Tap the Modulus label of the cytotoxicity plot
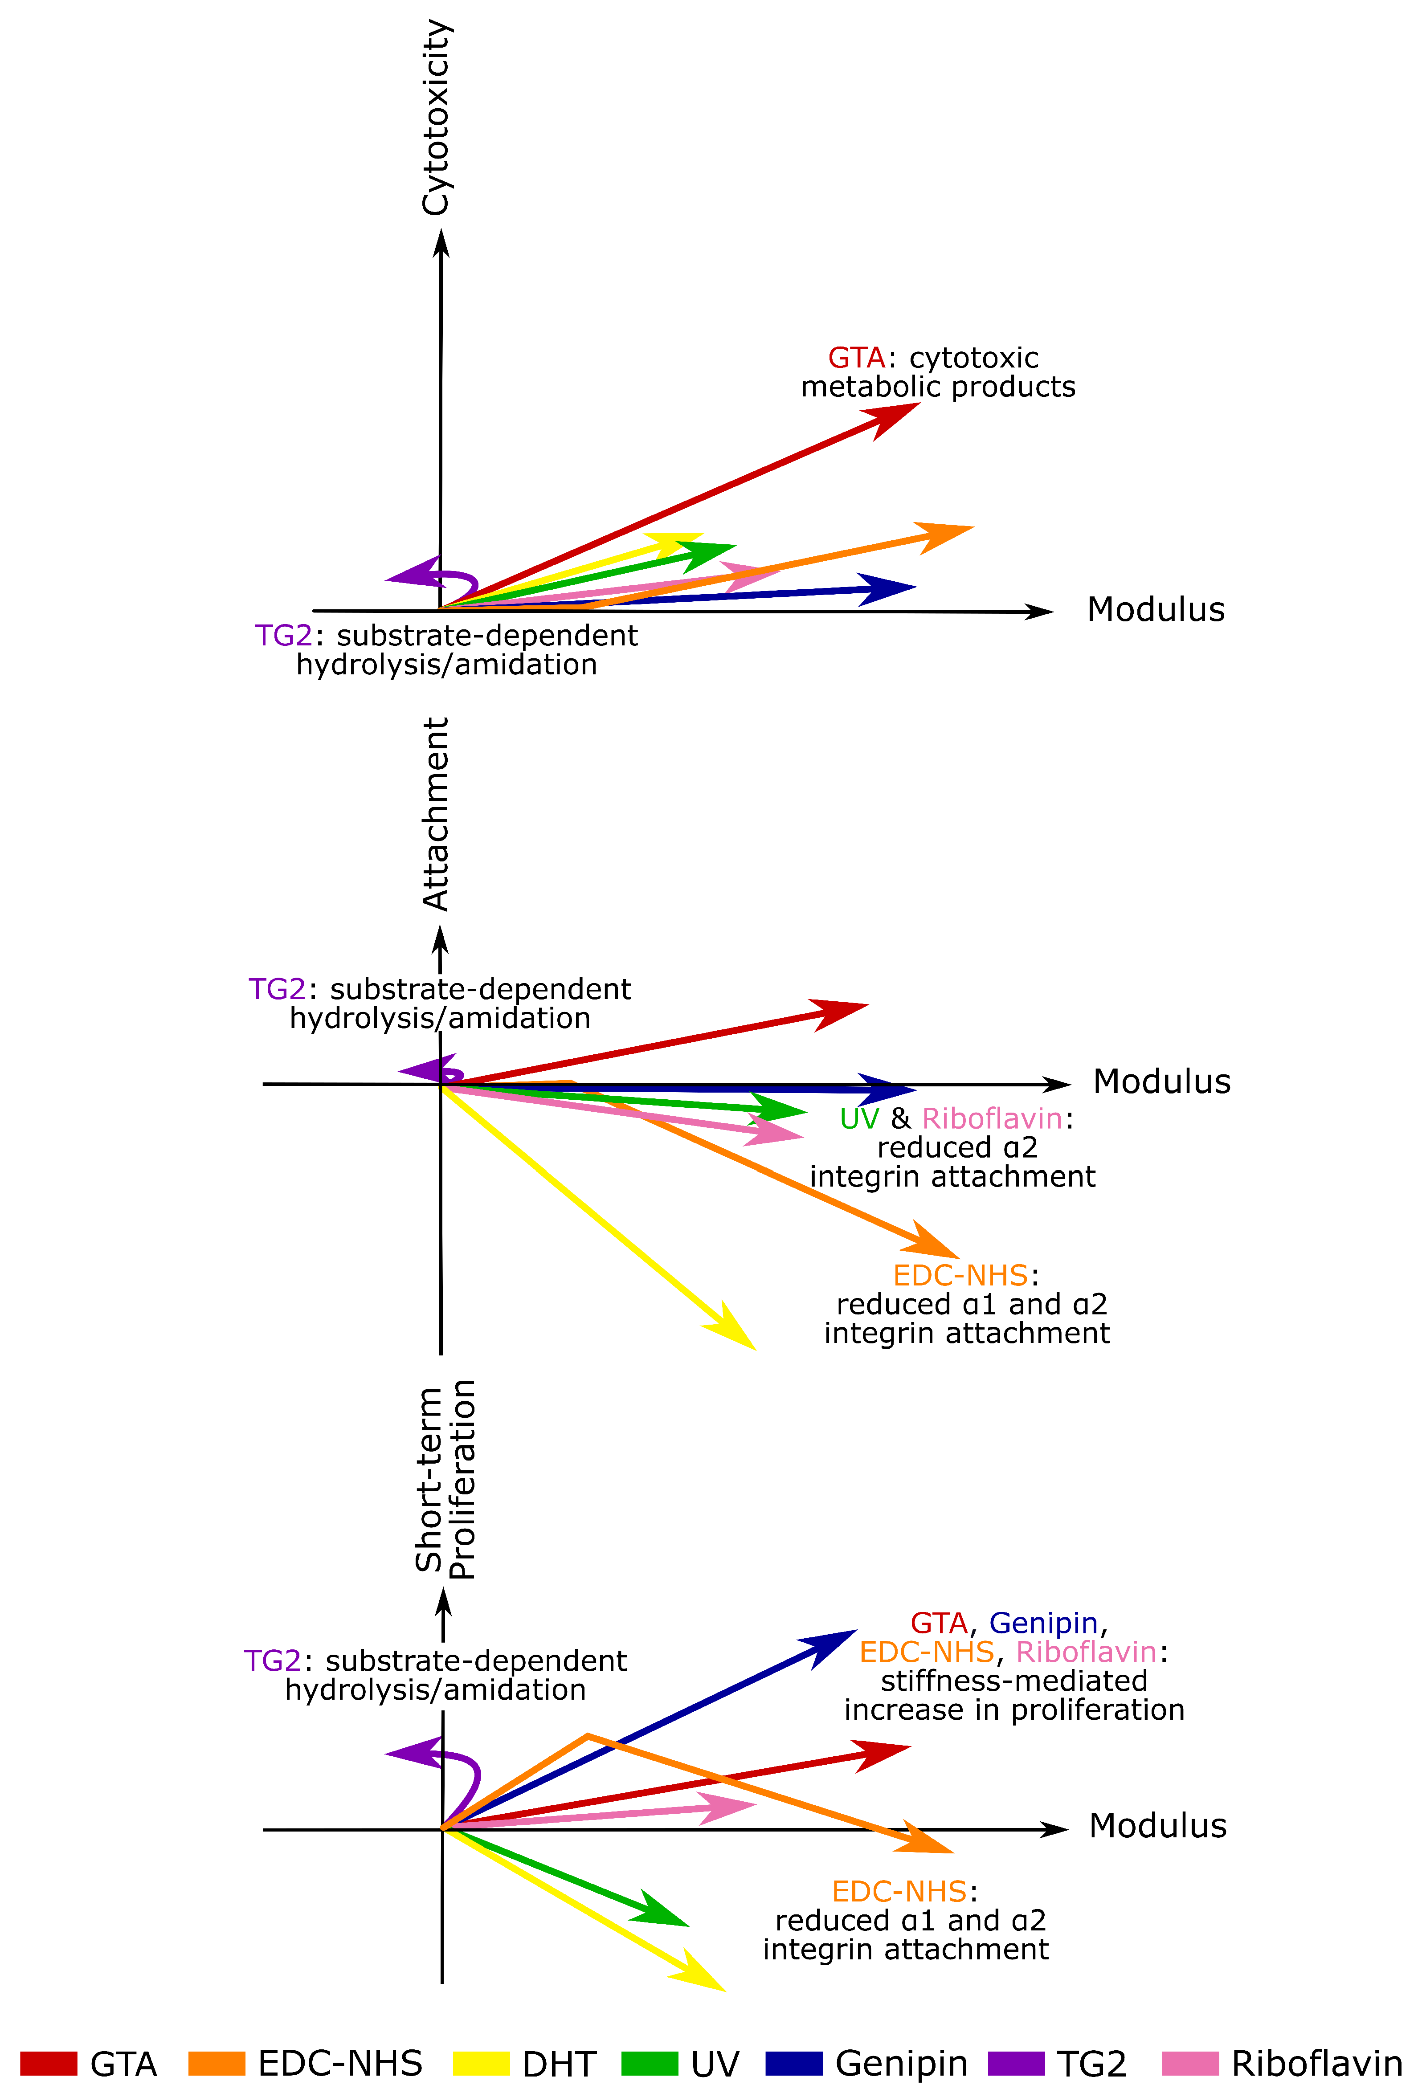point(1156,610)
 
